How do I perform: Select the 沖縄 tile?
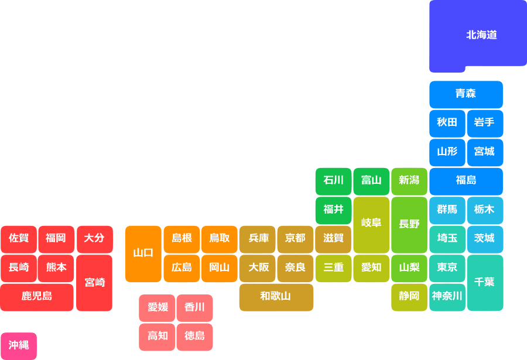[19, 345]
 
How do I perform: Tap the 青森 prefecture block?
[466, 94]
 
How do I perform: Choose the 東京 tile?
[447, 268]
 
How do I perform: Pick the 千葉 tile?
[484, 282]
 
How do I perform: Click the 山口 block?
[143, 253]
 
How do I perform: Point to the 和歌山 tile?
[275, 296]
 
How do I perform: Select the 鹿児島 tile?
[37, 296]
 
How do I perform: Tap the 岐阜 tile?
[371, 224]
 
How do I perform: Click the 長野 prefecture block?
[409, 224]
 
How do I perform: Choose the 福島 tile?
[466, 180]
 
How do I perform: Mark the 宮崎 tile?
[94, 282]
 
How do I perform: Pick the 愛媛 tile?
[157, 307]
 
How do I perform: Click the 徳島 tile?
[194, 336]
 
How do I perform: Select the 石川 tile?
[333, 180]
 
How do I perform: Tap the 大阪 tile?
[257, 268]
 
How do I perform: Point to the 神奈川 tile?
[447, 296]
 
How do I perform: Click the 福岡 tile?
[56, 238]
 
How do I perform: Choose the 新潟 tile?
[409, 180]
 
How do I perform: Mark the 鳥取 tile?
[219, 238]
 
